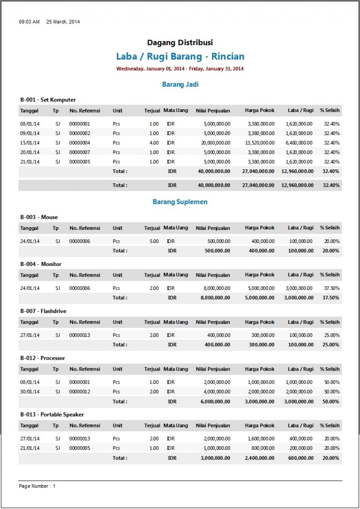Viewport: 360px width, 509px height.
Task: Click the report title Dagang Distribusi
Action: [180, 43]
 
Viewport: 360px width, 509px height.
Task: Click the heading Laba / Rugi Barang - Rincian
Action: [180, 57]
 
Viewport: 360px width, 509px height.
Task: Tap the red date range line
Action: [180, 69]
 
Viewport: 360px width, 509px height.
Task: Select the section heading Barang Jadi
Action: [180, 84]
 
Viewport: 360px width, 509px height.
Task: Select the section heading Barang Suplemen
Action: [180, 202]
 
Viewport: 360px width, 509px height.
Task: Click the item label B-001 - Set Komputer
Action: [48, 100]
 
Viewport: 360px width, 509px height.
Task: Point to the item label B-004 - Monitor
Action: [41, 264]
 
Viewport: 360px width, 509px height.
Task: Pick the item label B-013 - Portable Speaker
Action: [52, 415]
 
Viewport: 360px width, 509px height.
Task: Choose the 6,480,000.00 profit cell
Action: [299, 143]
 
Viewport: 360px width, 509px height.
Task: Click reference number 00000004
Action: [79, 143]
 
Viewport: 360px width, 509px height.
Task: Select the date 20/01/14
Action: [30, 152]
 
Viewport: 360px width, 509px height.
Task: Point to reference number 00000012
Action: [79, 392]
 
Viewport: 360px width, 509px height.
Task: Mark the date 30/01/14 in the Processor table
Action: [30, 392]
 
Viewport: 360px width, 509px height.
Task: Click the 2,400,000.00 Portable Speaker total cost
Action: [260, 458]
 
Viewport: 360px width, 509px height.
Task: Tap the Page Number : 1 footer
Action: [37, 486]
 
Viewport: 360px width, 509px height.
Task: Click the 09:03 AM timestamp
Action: [29, 22]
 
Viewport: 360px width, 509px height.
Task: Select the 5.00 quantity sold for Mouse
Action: [154, 241]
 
